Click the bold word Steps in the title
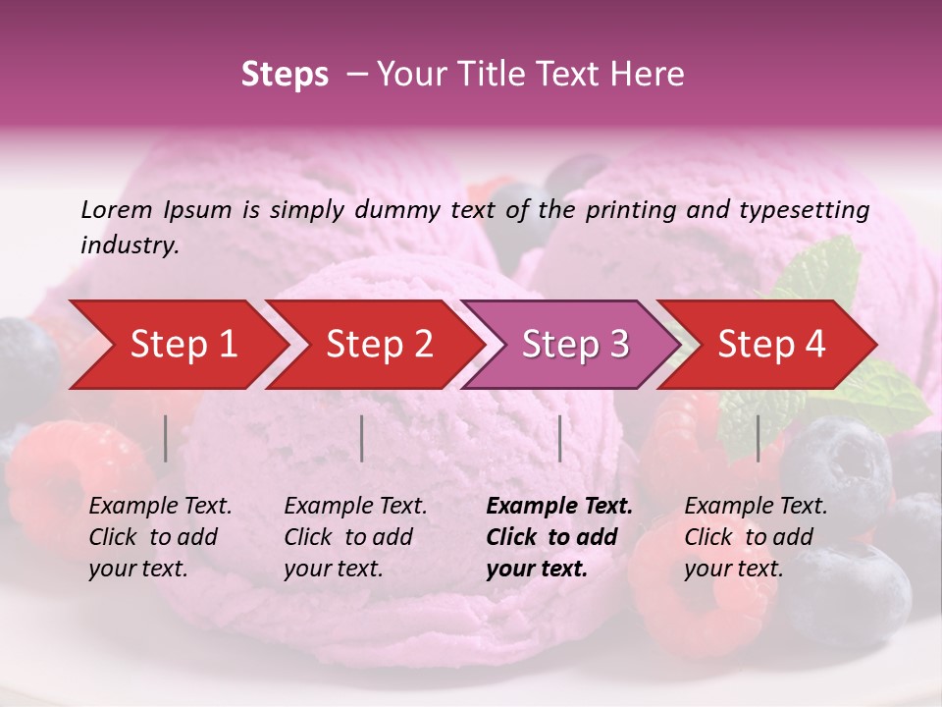(x=285, y=74)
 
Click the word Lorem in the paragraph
(x=117, y=209)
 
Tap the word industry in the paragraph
(x=129, y=245)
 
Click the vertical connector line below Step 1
(x=166, y=438)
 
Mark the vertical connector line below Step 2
(x=362, y=438)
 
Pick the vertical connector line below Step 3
(x=559, y=438)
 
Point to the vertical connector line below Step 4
(x=758, y=438)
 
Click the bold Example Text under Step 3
(x=559, y=507)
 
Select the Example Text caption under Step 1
(x=160, y=507)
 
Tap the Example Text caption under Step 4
(x=756, y=507)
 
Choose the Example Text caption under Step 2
(x=355, y=507)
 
